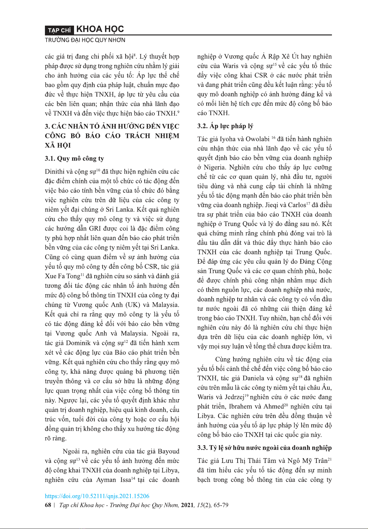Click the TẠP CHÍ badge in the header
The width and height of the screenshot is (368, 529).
(59, 30)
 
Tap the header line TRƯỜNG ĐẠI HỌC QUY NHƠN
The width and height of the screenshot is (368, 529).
(85, 40)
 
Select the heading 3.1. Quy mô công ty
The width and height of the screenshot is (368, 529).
(74, 158)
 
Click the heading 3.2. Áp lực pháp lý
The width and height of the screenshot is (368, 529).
(225, 126)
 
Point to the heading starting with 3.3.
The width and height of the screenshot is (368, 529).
(264, 448)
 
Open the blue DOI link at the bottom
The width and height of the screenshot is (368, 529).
(97, 496)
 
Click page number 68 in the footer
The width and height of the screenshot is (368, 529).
(48, 505)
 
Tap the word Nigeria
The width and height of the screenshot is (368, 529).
(215, 167)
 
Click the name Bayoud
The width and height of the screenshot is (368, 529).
(168, 451)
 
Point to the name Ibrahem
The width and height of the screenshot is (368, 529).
(240, 407)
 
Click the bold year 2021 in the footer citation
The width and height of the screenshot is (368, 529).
(187, 505)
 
